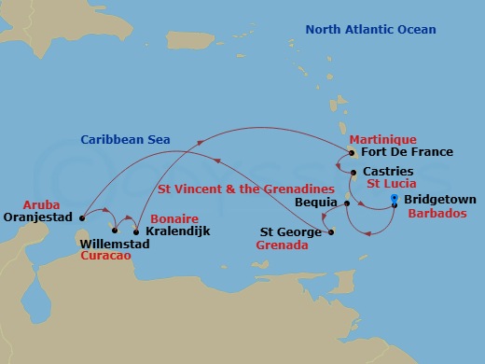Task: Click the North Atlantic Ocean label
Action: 371,30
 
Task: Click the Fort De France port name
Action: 407,151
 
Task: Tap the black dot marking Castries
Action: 353,174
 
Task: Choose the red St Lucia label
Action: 391,186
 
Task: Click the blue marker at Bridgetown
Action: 395,200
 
